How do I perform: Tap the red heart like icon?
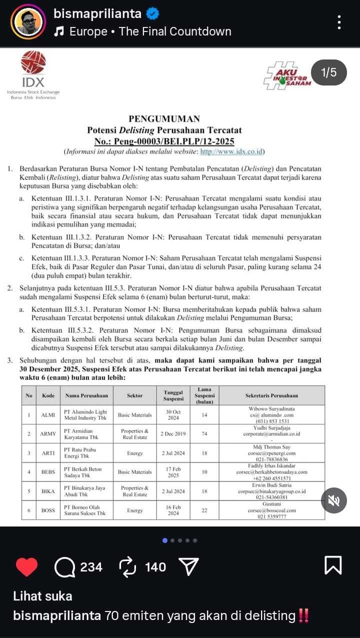pyautogui.click(x=27, y=567)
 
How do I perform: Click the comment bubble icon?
pyautogui.click(x=64, y=567)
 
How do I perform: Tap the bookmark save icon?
pyautogui.click(x=333, y=566)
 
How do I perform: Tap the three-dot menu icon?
pyautogui.click(x=339, y=22)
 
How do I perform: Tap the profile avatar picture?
pyautogui.click(x=28, y=22)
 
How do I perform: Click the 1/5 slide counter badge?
pyautogui.click(x=328, y=73)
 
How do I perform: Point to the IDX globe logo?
pyautogui.click(x=33, y=63)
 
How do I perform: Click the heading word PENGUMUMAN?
pyautogui.click(x=164, y=119)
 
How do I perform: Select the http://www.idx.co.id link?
pyautogui.click(x=232, y=151)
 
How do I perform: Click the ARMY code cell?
pyautogui.click(x=48, y=434)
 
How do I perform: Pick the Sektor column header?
pyautogui.click(x=134, y=395)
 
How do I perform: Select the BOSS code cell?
pyautogui.click(x=48, y=510)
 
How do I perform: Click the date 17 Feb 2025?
pyautogui.click(x=172, y=472)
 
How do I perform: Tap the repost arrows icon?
pyautogui.click(x=128, y=567)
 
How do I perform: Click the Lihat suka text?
pyautogui.click(x=42, y=596)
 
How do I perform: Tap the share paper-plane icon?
pyautogui.click(x=188, y=567)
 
